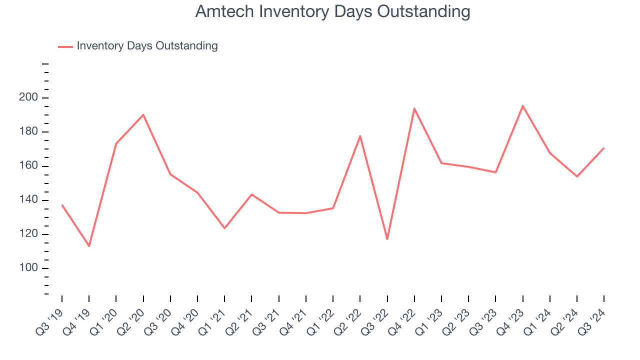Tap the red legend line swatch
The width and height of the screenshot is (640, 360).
click(65, 46)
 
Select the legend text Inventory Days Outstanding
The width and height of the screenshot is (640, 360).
click(147, 46)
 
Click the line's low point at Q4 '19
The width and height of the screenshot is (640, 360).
click(89, 246)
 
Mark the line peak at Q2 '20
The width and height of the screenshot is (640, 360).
click(143, 115)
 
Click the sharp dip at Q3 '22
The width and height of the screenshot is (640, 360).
click(387, 239)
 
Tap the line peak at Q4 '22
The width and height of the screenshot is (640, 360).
click(414, 108)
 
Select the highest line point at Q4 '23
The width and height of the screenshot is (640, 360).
click(522, 105)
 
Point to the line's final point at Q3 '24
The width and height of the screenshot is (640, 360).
click(604, 148)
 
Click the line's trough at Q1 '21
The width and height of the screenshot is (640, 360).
click(224, 228)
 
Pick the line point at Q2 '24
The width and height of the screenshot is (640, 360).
click(576, 176)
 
